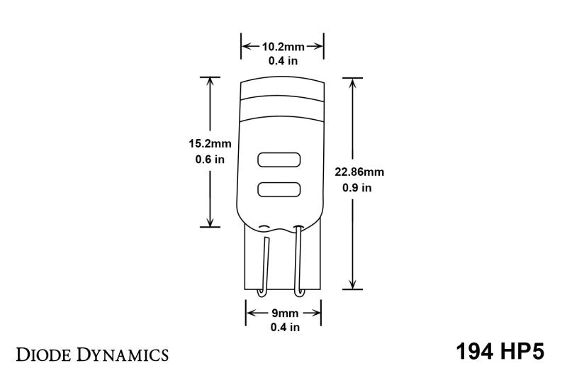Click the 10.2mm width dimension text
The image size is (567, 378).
283,47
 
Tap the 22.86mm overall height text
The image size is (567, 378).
361,172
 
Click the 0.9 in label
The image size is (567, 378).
357,189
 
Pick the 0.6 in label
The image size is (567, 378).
210,160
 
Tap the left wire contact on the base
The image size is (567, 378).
264,266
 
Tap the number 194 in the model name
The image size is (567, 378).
471,352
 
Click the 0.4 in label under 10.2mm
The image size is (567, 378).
283,61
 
